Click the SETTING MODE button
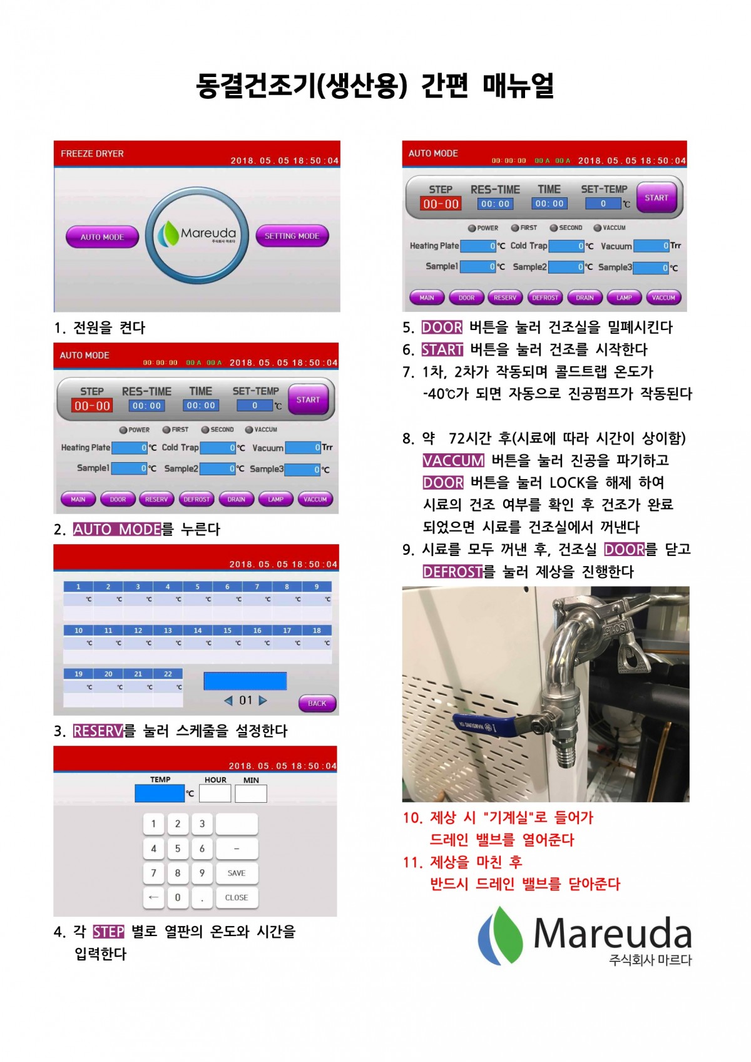point(292,236)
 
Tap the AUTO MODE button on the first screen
point(102,237)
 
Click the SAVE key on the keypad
point(237,873)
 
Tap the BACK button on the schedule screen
point(317,703)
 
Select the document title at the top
point(375,86)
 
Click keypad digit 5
point(178,848)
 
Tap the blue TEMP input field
point(160,793)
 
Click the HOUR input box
point(215,793)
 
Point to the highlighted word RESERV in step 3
point(98,731)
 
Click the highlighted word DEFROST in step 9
point(452,572)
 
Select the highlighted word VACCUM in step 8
point(453,461)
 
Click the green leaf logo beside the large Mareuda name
point(501,935)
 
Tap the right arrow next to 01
point(263,701)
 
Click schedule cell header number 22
point(168,674)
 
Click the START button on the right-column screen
point(656,197)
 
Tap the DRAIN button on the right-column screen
point(585,297)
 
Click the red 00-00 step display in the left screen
point(92,406)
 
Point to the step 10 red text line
point(499,818)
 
